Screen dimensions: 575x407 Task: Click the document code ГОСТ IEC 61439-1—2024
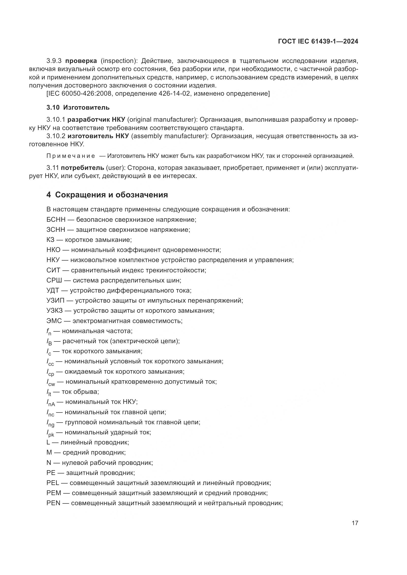tap(318, 41)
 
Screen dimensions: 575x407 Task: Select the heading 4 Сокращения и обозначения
tap(107, 195)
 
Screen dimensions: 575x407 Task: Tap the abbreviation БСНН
tap(56, 220)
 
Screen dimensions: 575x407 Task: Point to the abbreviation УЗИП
tap(55, 300)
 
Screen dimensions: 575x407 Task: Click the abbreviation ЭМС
tap(54, 321)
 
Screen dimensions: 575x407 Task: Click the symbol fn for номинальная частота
tap(49, 332)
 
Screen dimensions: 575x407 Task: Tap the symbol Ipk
tap(50, 433)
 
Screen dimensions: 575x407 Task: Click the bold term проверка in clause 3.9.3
tap(81, 61)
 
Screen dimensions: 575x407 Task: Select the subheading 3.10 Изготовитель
tap(78, 107)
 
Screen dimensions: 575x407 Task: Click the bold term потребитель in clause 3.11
tap(82, 168)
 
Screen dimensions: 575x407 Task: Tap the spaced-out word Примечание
tap(71, 156)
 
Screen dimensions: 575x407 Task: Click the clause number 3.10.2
tap(56, 136)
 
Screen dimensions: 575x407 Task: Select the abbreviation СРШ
tap(54, 280)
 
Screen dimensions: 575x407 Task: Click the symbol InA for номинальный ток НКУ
tap(51, 402)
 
